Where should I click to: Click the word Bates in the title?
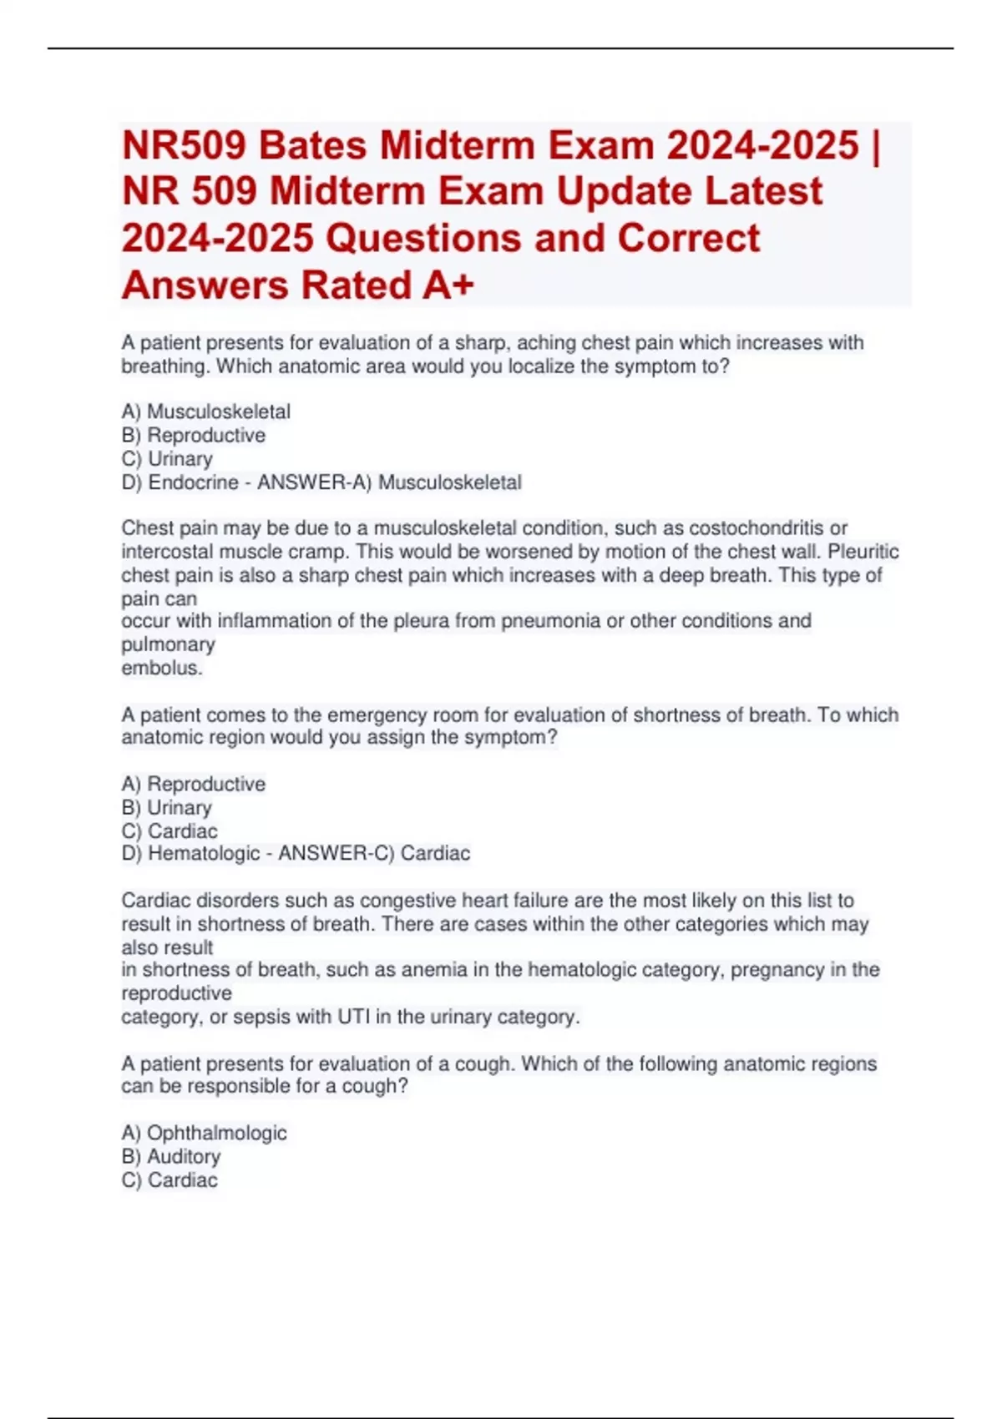pos(312,146)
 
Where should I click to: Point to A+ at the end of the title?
pos(448,285)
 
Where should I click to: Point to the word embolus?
pos(161,668)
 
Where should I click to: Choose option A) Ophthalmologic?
pos(204,1133)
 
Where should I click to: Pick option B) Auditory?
pos(171,1156)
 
